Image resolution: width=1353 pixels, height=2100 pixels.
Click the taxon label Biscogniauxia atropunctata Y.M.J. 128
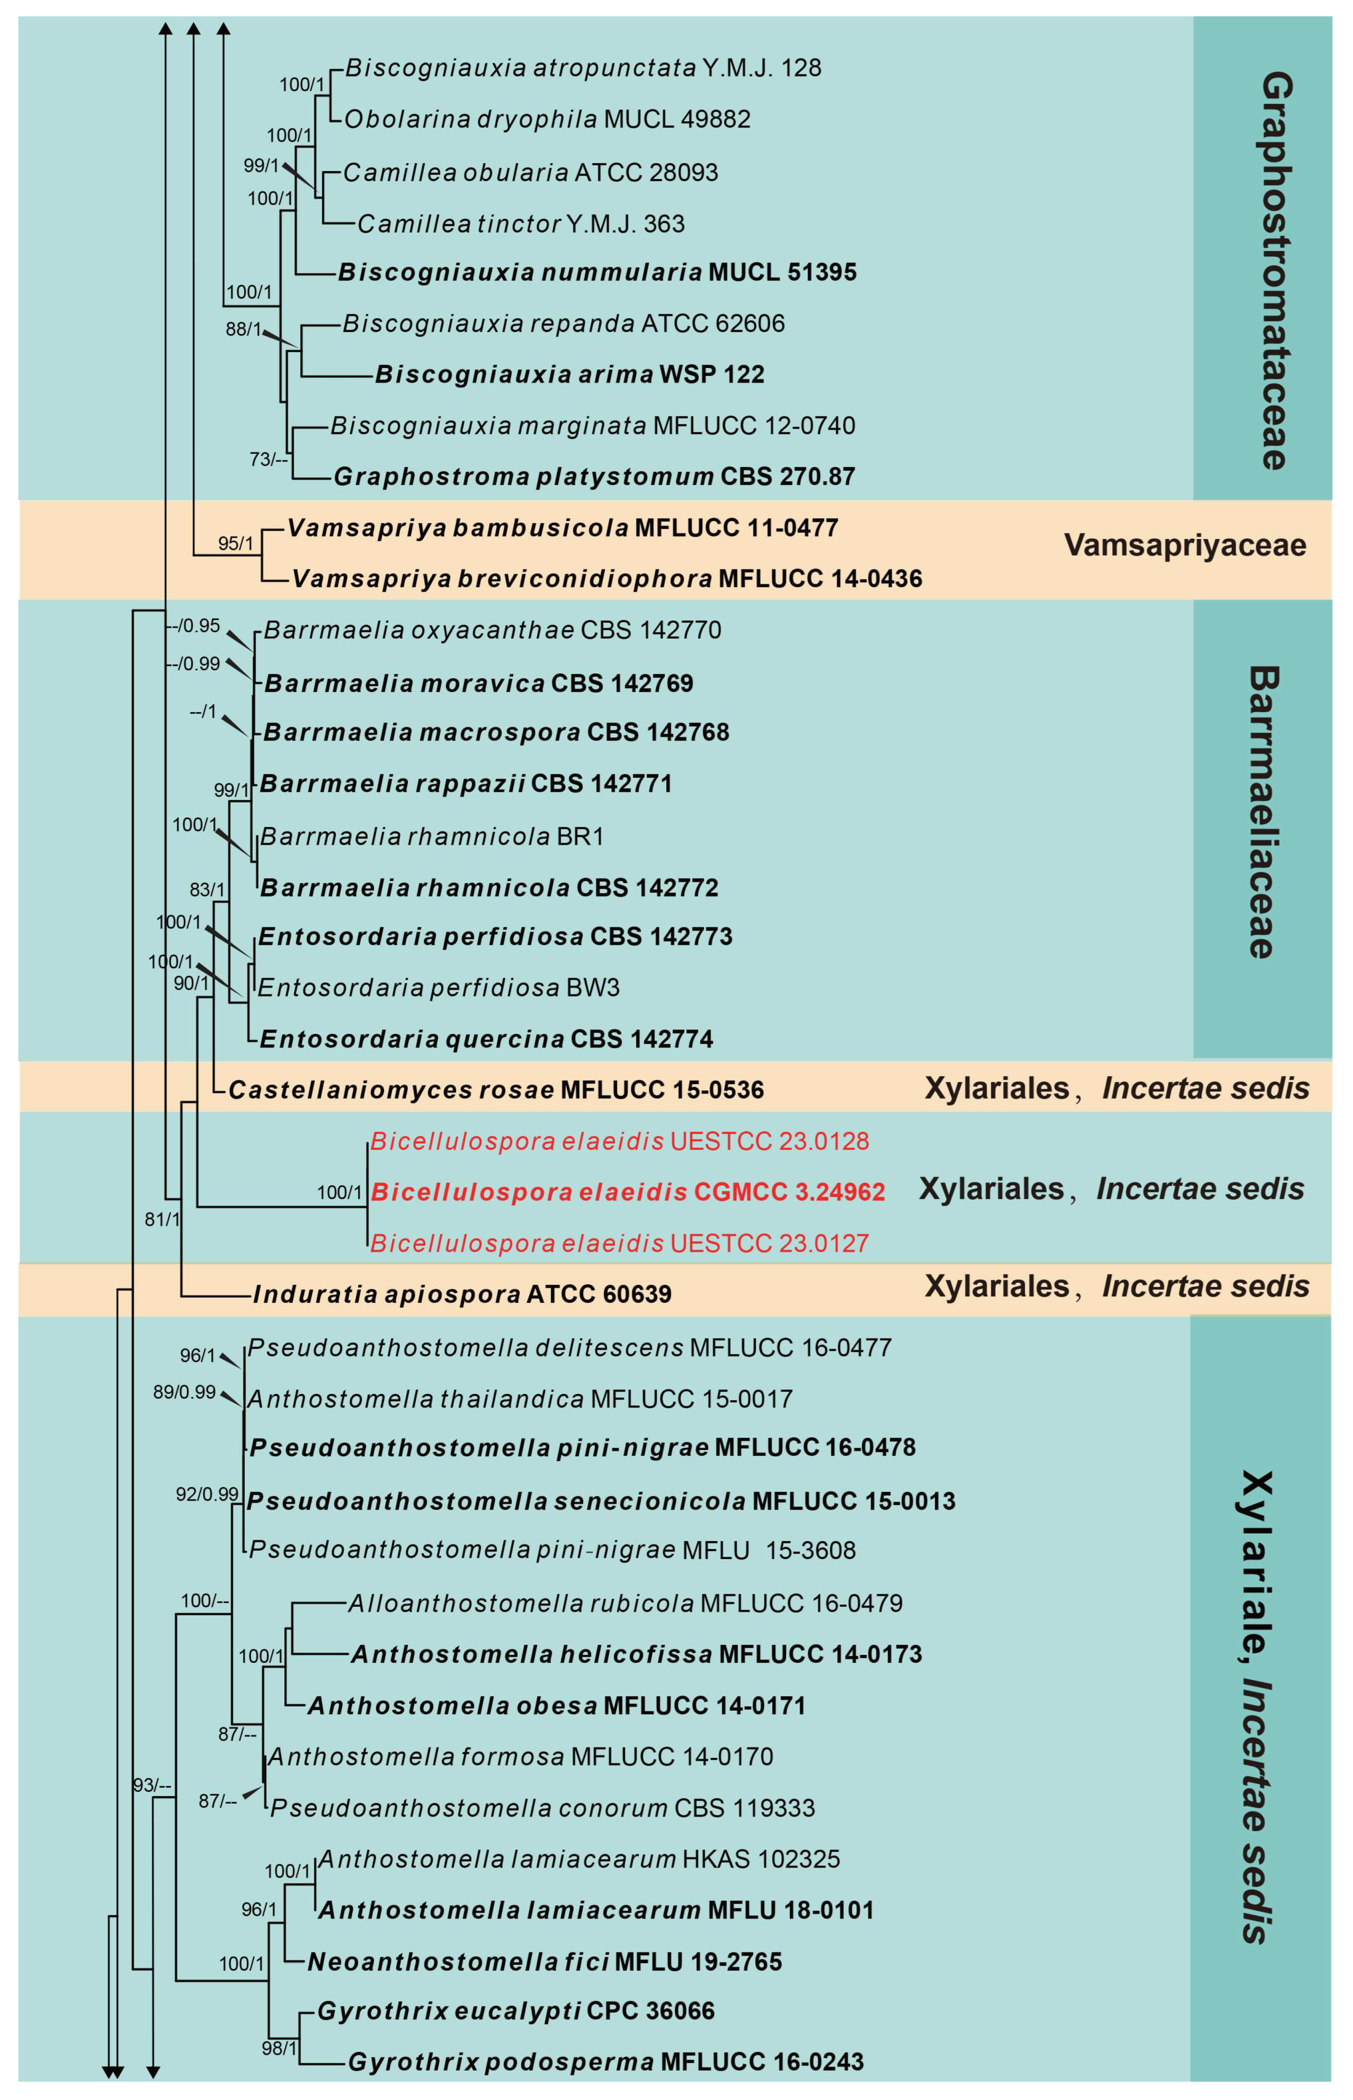click(x=582, y=68)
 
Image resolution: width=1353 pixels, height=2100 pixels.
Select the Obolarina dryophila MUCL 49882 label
click(x=546, y=119)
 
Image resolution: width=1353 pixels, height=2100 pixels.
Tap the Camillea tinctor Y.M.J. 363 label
click(x=520, y=224)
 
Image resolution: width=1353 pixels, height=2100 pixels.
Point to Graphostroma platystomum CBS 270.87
click(x=594, y=477)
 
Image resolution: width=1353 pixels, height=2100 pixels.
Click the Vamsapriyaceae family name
click(x=1184, y=546)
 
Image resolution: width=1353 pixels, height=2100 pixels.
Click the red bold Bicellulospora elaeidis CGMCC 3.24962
click(x=628, y=1192)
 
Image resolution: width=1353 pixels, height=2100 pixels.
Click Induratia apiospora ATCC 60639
click(x=462, y=1294)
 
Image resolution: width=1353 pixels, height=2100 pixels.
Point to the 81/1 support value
click(x=162, y=1220)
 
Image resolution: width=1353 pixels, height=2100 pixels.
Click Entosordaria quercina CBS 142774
click(x=486, y=1039)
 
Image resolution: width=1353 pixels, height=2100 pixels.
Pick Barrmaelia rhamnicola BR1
click(x=432, y=836)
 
